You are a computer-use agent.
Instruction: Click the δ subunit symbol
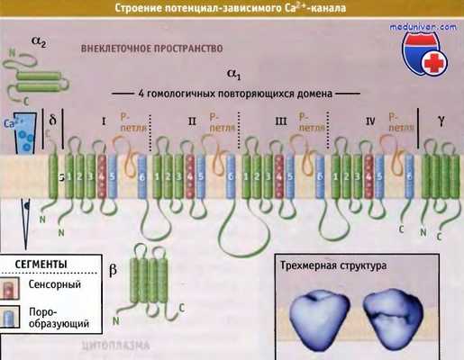(x=52, y=119)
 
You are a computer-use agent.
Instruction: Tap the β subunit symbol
(x=112, y=269)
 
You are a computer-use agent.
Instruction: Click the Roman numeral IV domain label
(x=369, y=118)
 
